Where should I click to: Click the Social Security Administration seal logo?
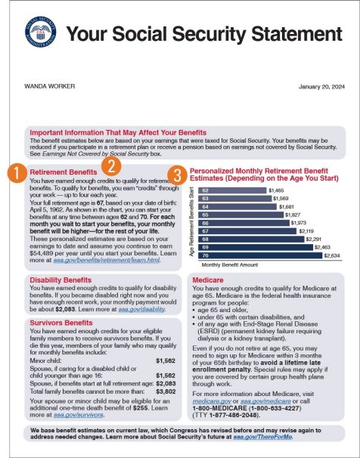click(x=40, y=36)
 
